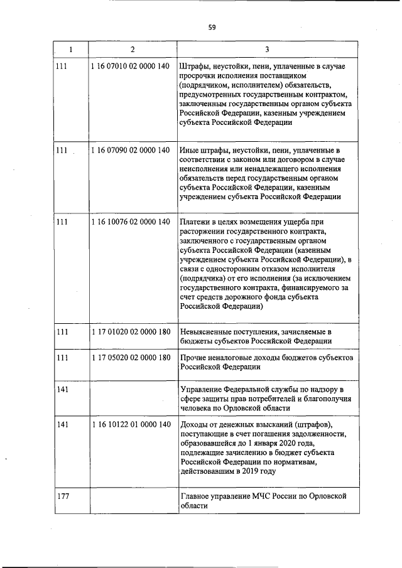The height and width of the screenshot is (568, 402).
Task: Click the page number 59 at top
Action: click(212, 26)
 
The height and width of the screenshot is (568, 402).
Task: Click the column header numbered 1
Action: click(70, 50)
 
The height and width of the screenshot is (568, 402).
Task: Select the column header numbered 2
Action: click(132, 50)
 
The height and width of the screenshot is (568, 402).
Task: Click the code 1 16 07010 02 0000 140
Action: click(130, 66)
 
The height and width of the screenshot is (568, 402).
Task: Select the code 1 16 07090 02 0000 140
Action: click(130, 150)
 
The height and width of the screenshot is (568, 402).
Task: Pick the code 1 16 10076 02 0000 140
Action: click(130, 222)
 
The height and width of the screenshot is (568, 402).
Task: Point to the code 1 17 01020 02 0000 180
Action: click(130, 331)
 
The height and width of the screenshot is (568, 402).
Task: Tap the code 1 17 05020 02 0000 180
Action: click(130, 358)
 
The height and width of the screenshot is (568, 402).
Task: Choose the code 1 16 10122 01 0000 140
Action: click(130, 425)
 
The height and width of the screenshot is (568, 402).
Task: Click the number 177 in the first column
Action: click(62, 496)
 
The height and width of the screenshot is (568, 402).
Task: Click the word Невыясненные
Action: click(209, 331)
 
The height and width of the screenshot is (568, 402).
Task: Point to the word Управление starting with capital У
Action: click(202, 389)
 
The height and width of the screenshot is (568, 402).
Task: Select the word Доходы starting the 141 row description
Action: click(194, 425)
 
